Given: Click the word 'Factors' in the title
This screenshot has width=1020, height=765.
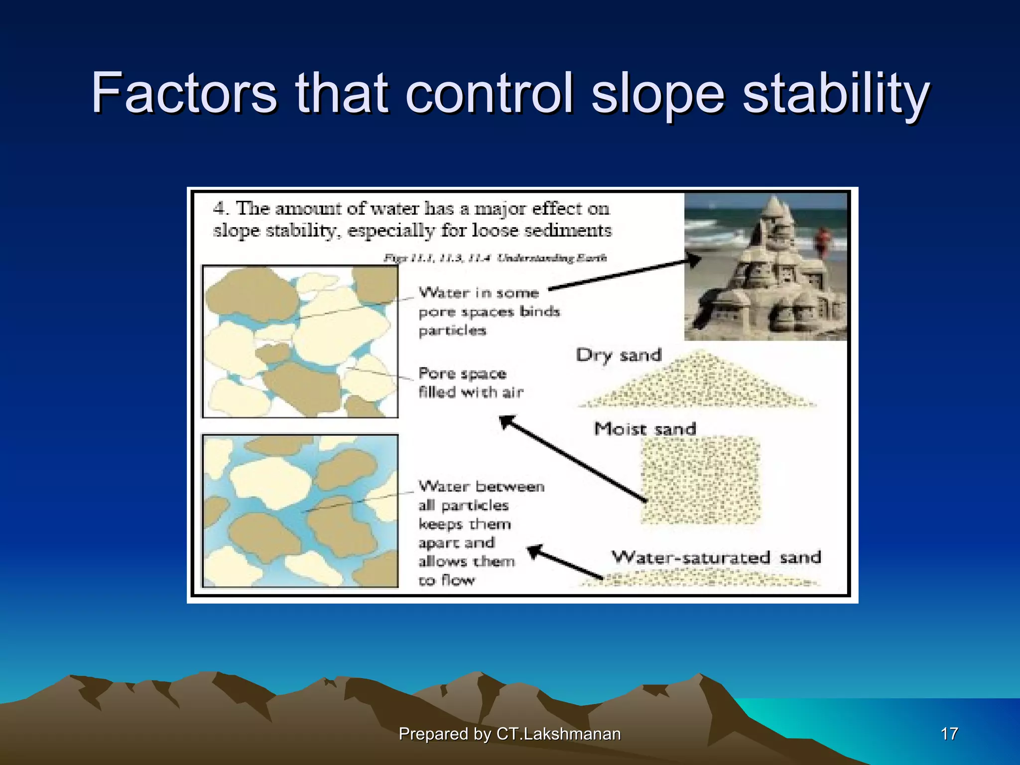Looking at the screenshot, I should (x=184, y=93).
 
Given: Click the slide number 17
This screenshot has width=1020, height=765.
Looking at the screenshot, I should (x=949, y=734).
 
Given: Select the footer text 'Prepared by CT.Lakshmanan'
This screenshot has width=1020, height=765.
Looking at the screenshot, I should (x=510, y=734).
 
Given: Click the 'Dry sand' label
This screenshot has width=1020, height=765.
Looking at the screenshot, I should (x=619, y=355).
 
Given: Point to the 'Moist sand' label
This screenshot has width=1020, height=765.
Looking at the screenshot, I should (x=645, y=429).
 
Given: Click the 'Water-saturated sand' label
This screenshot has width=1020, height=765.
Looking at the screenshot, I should (x=716, y=557).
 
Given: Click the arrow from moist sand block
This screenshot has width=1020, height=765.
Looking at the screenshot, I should (x=573, y=458).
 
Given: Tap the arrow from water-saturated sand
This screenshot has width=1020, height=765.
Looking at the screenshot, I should (x=565, y=563).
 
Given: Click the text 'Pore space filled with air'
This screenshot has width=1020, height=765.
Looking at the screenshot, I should (x=470, y=383).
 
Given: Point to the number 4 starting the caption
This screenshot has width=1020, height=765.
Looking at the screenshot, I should (x=219, y=208).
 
